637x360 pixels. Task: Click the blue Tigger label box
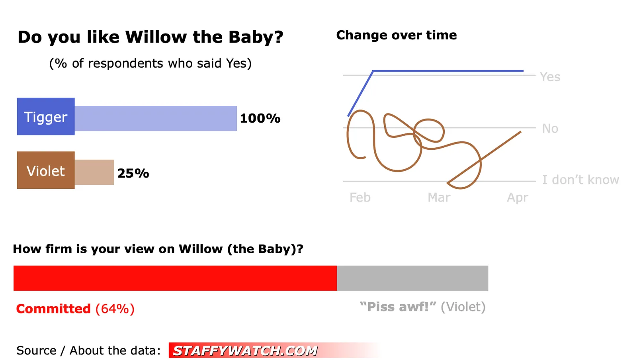46,116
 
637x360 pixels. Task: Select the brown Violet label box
46,170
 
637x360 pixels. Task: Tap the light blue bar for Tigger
156,118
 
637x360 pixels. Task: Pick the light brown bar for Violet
94,172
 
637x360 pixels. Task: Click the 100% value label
260,118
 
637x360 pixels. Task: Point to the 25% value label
133,173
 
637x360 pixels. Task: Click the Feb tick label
360,198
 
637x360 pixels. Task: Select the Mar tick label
439,198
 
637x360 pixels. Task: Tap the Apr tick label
518,198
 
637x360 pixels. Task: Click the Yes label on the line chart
550,77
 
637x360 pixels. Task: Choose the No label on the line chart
550,129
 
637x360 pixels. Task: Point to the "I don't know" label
580,180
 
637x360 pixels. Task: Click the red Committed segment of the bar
175,278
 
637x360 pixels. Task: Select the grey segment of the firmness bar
412,278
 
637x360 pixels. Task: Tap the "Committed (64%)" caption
75,309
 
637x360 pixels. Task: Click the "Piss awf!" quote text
398,307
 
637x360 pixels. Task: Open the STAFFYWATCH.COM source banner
274,350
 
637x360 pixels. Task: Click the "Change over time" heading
397,35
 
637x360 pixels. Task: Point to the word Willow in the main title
156,37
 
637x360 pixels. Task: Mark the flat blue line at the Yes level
448,71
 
